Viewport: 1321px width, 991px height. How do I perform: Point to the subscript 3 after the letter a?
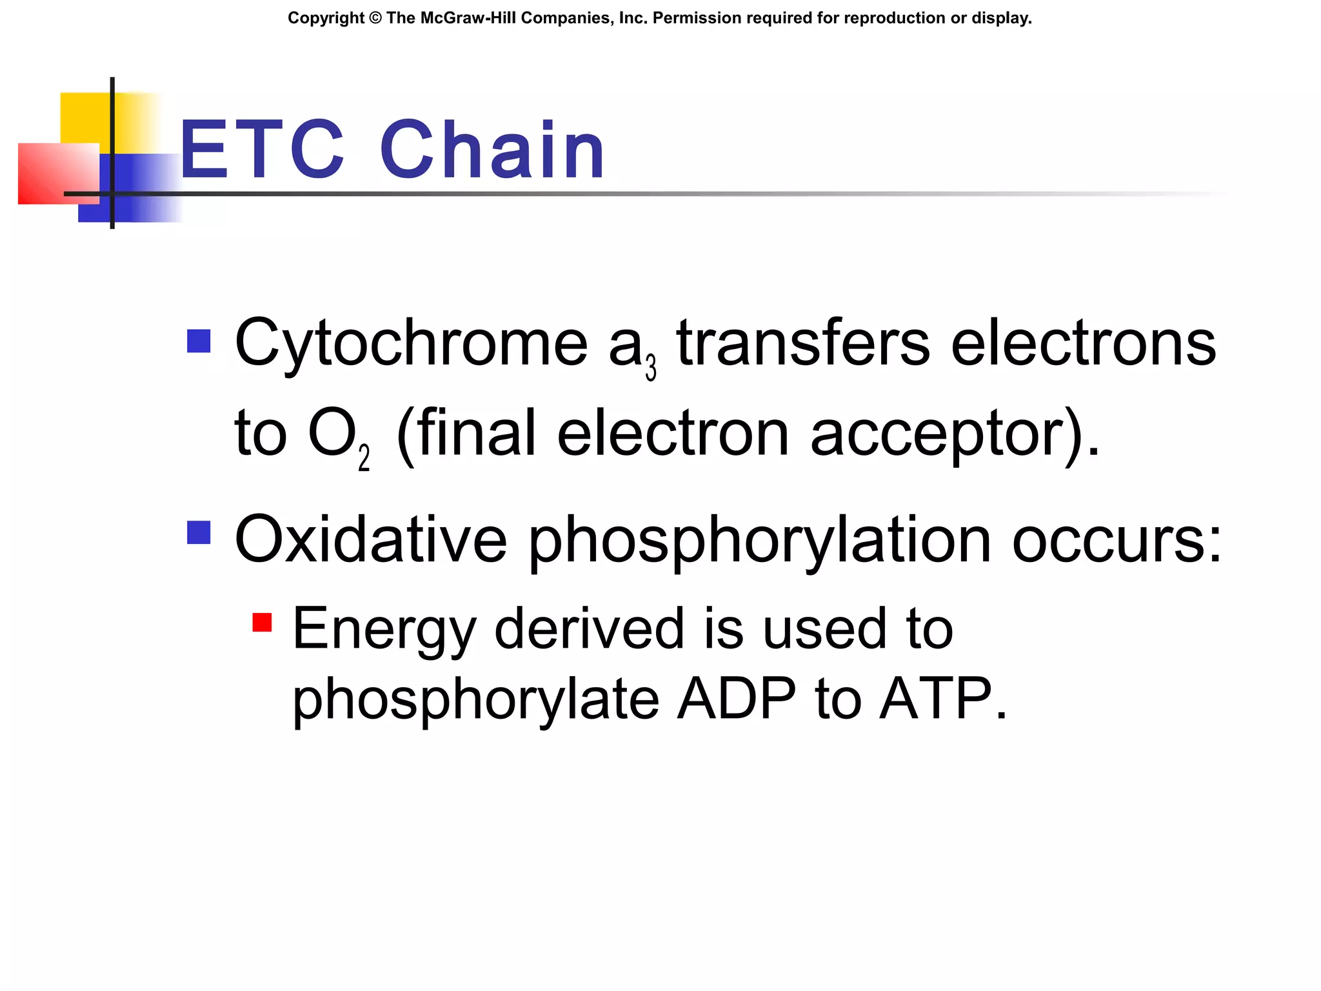tap(651, 368)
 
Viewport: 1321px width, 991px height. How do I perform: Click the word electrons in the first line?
tap(1084, 343)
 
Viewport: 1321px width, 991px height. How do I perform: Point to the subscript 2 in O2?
tap(364, 459)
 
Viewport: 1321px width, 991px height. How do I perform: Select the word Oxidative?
tap(371, 539)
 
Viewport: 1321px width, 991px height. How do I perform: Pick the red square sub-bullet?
tap(262, 623)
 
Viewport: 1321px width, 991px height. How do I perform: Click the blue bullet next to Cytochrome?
tap(199, 341)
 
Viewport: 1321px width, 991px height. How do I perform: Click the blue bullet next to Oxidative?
tap(199, 533)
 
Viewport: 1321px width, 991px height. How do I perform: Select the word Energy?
tap(384, 630)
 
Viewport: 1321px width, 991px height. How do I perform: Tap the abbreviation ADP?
tap(736, 699)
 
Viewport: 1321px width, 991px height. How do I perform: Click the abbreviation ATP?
tap(935, 699)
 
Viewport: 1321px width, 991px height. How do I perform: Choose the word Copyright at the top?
tap(326, 18)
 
